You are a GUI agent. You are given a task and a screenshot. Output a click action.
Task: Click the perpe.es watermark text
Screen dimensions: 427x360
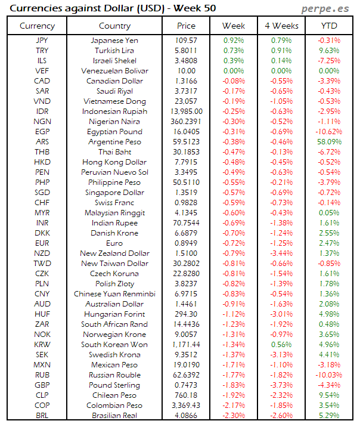(x=325, y=8)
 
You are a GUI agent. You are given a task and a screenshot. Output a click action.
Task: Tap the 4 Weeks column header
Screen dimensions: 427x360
(x=281, y=26)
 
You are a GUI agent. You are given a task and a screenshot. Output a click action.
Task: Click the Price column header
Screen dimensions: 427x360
(x=187, y=26)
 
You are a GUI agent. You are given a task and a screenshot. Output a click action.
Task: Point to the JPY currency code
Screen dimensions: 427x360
(x=42, y=41)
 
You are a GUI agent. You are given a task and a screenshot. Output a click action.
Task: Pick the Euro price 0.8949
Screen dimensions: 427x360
(x=187, y=243)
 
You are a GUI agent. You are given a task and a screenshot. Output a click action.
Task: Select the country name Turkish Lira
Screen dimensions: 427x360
(x=114, y=51)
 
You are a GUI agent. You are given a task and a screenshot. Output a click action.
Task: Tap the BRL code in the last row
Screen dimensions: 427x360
(x=42, y=416)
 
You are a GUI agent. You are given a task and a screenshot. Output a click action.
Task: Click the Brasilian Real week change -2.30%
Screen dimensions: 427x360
(x=234, y=416)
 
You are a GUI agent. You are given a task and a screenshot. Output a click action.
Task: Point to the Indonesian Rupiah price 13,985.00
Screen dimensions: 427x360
(x=187, y=112)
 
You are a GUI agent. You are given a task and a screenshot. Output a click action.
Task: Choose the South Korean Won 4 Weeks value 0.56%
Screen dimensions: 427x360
(x=281, y=345)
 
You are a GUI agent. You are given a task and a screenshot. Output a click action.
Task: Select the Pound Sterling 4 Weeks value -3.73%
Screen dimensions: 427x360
(x=281, y=385)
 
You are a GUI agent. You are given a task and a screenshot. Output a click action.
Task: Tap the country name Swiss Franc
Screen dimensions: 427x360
(x=114, y=203)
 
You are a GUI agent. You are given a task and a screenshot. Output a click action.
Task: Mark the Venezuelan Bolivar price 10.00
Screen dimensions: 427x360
(x=187, y=71)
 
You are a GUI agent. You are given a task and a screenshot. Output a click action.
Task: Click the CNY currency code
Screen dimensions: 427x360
(x=42, y=294)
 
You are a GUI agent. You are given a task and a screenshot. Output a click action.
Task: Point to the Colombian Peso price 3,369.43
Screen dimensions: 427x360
(x=187, y=406)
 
